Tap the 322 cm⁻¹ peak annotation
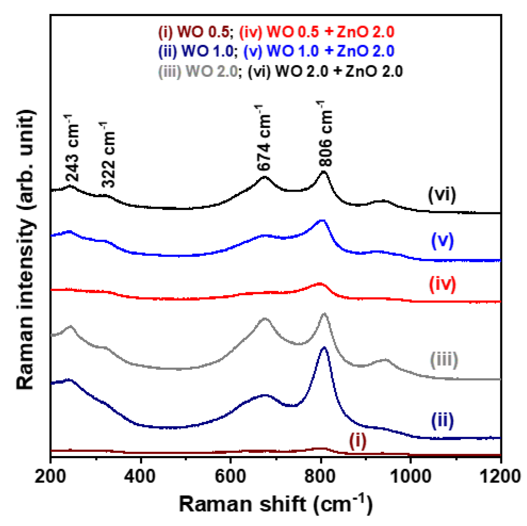pos(108,155)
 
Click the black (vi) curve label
pos(441,195)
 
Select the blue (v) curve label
pos(442,241)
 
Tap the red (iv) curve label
pos(442,284)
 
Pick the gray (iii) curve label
pos(444,359)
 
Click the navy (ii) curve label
pos(442,420)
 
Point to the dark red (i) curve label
pos(358,441)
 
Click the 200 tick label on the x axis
pos(51,476)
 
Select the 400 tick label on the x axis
pos(141,476)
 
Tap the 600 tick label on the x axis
pos(231,476)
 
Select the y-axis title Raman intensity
pos(25,249)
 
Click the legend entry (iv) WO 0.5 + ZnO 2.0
pos(316,32)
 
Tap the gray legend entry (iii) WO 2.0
pos(198,72)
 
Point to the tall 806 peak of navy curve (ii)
pos(324,348)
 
